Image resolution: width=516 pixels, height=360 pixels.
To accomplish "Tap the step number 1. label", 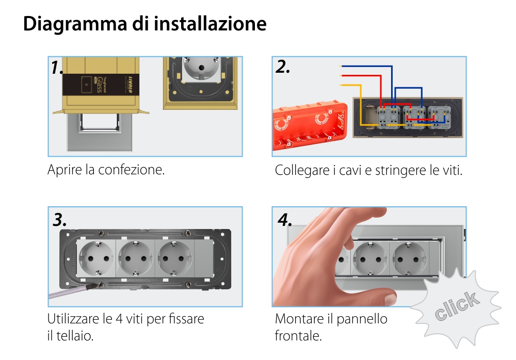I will click(57, 68).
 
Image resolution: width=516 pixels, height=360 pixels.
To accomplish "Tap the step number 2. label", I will click(283, 67).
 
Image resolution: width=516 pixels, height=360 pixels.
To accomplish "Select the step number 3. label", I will click(60, 220).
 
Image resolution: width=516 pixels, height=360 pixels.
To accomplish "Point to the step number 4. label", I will click(285, 220).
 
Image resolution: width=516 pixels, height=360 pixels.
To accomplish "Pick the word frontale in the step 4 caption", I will click(298, 336).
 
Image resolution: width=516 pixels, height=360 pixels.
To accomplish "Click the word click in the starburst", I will click(456, 307).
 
